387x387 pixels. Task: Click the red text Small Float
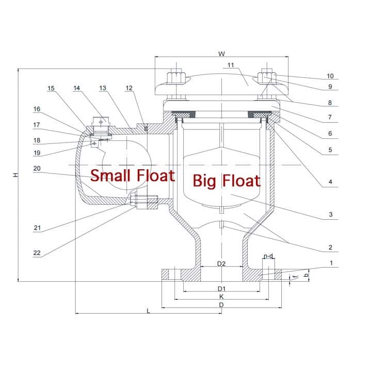133,175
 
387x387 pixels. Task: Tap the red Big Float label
226,181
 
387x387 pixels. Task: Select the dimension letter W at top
222,54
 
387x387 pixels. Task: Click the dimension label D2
221,264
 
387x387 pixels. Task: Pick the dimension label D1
221,288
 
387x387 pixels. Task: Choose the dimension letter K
221,297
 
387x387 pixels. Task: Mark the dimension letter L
149,311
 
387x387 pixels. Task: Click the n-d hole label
268,256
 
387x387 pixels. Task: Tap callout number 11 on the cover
231,65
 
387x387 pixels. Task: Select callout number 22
37,252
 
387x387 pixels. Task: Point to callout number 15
51,88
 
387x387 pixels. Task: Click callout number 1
330,263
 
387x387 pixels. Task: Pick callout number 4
330,182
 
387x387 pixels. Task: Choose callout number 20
37,168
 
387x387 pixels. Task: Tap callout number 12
129,88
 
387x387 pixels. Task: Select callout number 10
330,76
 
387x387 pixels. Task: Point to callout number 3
330,215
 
